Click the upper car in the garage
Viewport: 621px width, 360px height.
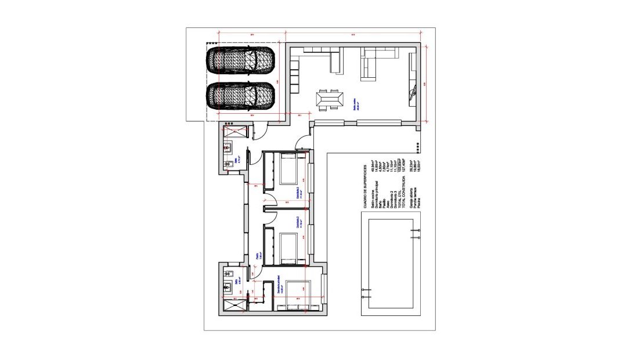tap(241, 59)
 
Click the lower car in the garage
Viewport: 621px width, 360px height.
tap(241, 95)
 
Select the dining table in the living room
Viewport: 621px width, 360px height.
tap(328, 100)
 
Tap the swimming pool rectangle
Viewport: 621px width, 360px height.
tap(387, 264)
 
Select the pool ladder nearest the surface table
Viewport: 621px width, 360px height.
tap(414, 233)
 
